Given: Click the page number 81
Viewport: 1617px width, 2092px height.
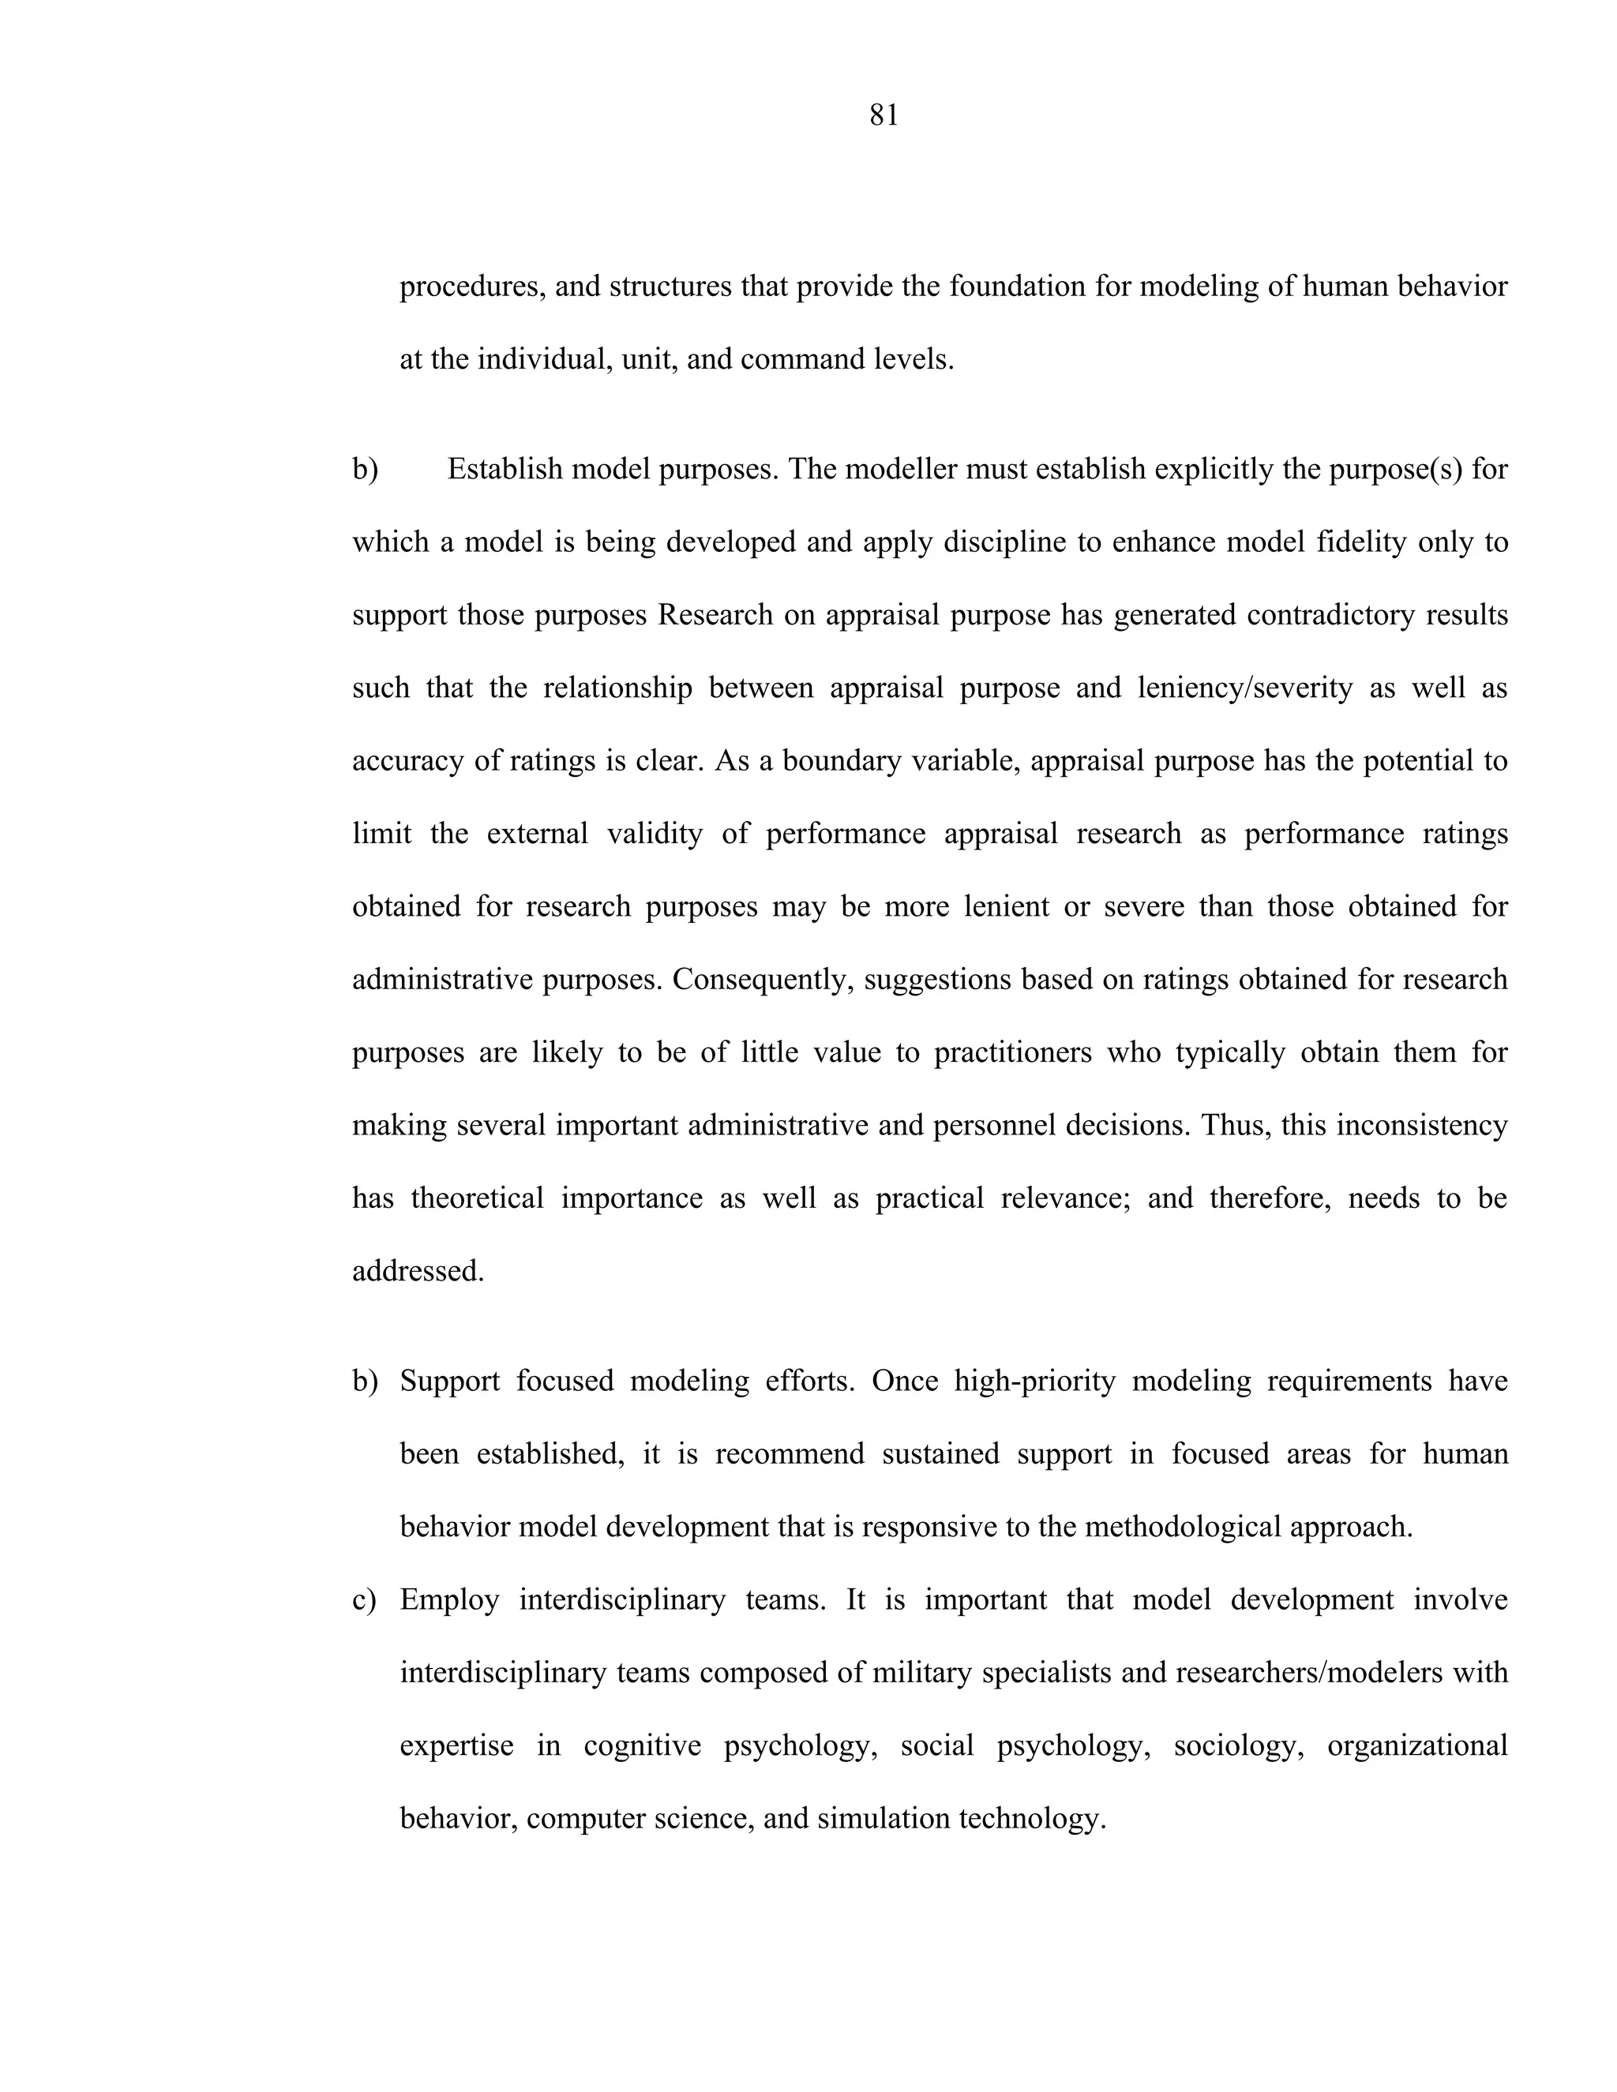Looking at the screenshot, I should (884, 116).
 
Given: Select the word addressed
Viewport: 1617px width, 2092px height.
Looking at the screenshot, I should (418, 1272).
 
